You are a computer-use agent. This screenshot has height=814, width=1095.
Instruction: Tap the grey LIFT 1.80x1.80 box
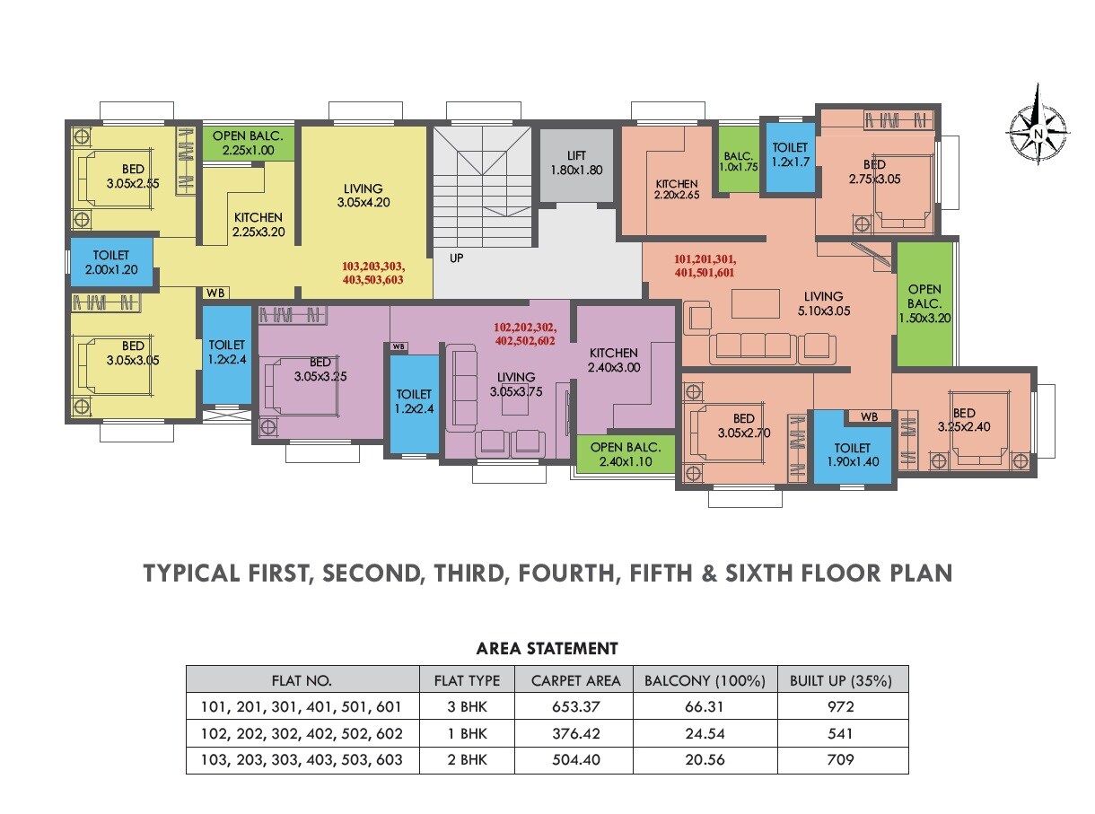point(576,163)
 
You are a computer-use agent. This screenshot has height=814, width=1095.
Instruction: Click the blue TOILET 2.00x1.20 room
point(111,263)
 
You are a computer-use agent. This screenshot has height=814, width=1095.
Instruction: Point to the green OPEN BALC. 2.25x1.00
point(248,144)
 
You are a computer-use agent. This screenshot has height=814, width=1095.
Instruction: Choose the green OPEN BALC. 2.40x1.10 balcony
point(626,455)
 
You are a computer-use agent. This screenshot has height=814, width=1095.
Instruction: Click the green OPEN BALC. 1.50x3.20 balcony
point(924,303)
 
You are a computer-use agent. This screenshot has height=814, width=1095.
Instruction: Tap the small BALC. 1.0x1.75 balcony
point(740,161)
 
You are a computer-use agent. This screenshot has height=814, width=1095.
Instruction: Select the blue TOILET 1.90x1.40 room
point(852,454)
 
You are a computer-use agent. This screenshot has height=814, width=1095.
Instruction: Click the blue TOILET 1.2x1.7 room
point(789,154)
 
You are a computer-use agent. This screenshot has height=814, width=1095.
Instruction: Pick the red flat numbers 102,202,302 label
point(525,334)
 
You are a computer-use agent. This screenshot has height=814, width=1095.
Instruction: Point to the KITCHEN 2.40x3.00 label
point(614,360)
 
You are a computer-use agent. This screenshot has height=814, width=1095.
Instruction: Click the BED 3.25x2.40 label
point(964,420)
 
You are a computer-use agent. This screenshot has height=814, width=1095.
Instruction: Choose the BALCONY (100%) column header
point(705,679)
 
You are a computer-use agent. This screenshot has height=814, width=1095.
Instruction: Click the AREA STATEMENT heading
point(547,648)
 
